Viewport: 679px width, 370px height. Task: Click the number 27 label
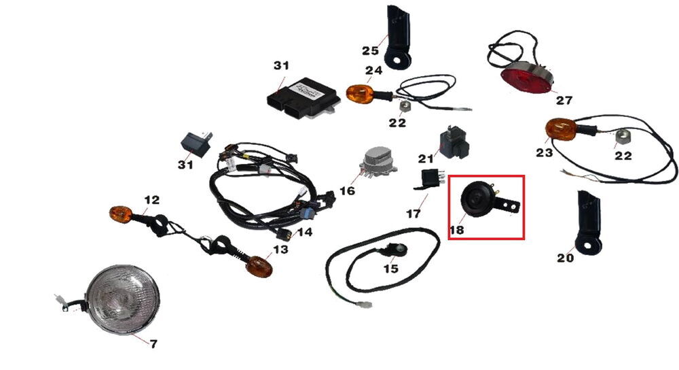coord(564,101)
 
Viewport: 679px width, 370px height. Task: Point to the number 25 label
coord(370,51)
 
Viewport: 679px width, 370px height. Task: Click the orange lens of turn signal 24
coord(359,94)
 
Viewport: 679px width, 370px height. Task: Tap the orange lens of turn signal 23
coord(560,129)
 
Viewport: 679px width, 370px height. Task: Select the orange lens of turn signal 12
coord(120,214)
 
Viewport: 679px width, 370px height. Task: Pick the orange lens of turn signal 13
coord(259,267)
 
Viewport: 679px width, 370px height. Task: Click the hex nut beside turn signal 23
coord(621,138)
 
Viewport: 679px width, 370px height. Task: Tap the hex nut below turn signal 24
coord(405,106)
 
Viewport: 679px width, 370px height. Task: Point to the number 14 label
coord(304,232)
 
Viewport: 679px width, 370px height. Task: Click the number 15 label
coord(390,269)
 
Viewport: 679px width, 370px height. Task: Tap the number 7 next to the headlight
coord(153,344)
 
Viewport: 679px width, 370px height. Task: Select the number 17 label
coord(414,214)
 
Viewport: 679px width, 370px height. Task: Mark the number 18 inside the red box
coord(456,230)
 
